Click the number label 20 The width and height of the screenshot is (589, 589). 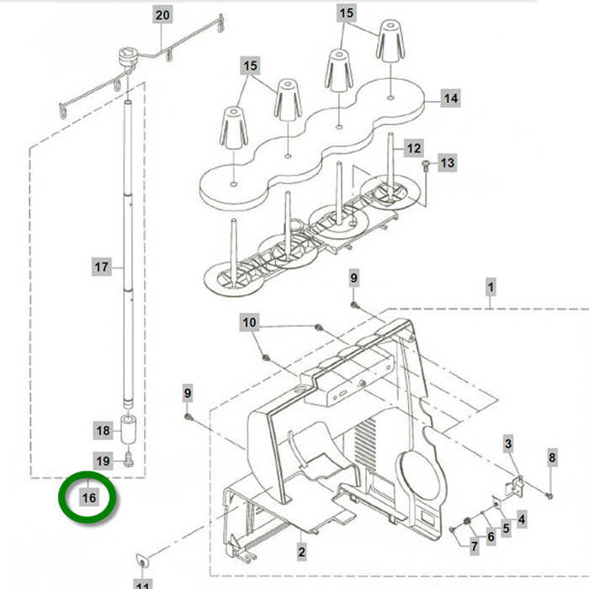162,15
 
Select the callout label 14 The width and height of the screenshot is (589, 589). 450,98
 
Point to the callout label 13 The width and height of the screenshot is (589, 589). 447,162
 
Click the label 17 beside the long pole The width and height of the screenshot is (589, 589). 102,268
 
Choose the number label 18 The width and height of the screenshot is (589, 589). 103,431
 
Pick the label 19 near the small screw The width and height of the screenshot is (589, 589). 103,460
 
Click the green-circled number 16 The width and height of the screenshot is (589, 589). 89,497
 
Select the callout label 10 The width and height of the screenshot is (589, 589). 250,322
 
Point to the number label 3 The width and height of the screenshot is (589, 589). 508,443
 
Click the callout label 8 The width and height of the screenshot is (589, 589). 552,458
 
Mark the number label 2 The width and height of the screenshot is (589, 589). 300,552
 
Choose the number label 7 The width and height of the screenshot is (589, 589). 474,546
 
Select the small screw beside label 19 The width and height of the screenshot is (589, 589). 129,459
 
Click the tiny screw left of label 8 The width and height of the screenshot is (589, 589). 549,493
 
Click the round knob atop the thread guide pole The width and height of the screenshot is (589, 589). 130,55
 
